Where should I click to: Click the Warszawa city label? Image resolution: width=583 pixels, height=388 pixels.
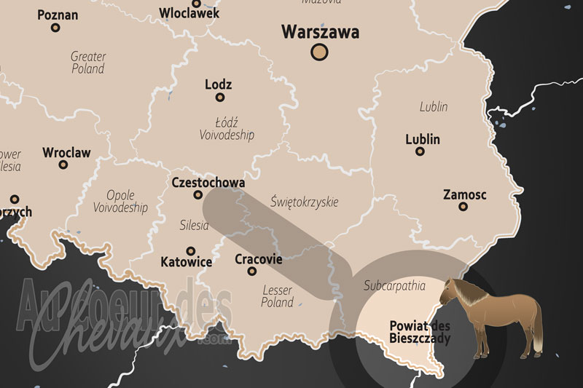click(320, 32)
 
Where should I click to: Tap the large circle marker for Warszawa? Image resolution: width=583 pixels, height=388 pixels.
click(319, 52)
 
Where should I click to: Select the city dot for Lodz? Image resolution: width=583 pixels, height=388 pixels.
click(219, 97)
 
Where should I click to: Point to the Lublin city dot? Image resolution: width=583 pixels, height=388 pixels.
click(420, 151)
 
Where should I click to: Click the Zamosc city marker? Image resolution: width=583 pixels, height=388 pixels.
click(463, 207)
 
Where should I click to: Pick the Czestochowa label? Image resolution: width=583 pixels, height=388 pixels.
click(207, 182)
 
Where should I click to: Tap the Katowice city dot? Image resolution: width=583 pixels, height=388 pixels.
click(191, 250)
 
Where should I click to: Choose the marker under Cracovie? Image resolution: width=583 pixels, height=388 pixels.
click(252, 271)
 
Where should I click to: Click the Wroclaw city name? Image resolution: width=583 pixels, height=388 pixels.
click(66, 152)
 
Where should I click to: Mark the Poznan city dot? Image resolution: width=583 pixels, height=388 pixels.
click(55, 28)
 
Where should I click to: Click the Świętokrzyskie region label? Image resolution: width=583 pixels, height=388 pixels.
click(304, 201)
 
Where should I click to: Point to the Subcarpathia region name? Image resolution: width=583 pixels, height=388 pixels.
click(394, 285)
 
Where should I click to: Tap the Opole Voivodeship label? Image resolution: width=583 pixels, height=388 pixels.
click(120, 201)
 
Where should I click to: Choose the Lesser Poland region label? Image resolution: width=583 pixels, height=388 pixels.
click(277, 296)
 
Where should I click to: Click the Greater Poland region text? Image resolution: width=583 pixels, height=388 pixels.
click(88, 62)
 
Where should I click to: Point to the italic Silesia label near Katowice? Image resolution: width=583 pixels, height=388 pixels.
click(194, 226)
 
